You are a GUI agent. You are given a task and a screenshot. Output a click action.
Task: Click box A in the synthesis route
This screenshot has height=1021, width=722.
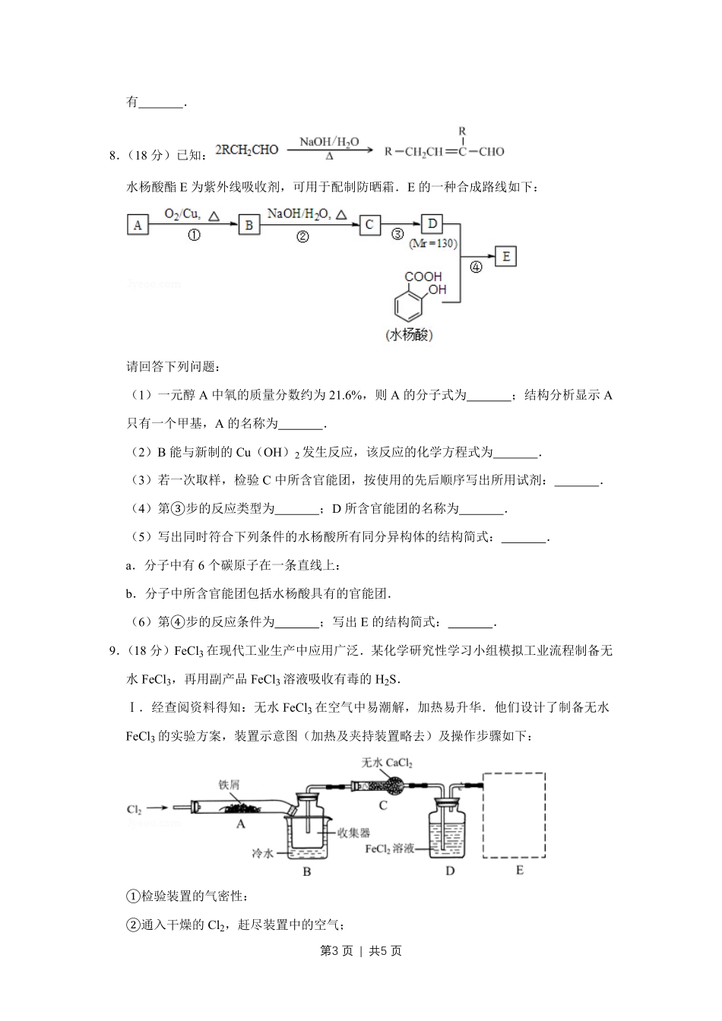click(x=138, y=225)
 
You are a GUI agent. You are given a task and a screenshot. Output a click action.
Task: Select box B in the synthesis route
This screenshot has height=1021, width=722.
click(x=249, y=225)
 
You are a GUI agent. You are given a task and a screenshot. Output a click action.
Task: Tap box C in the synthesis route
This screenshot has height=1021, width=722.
click(x=369, y=224)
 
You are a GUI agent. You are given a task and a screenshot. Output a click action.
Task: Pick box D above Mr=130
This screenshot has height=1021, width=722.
click(x=432, y=223)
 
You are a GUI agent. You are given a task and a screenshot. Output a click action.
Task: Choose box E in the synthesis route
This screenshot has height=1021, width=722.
click(x=505, y=256)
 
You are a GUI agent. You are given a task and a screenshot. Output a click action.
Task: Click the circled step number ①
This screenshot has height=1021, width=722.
click(x=194, y=235)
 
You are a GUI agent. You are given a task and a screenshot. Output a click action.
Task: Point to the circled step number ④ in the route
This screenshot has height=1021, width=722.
click(x=476, y=267)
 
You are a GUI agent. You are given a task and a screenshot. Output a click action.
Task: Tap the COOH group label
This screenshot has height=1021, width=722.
click(x=423, y=277)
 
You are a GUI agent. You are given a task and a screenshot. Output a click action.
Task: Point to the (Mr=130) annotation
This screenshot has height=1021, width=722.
click(x=432, y=243)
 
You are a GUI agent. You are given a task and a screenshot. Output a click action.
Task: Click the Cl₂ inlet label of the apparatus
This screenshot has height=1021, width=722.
click(x=134, y=810)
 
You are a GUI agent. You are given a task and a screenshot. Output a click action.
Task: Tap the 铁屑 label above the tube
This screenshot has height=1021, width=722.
click(x=229, y=784)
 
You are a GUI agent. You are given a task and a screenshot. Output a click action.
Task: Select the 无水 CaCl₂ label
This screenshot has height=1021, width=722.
click(x=387, y=763)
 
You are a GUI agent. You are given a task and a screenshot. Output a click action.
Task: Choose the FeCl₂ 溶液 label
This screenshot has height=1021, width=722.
click(x=388, y=849)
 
